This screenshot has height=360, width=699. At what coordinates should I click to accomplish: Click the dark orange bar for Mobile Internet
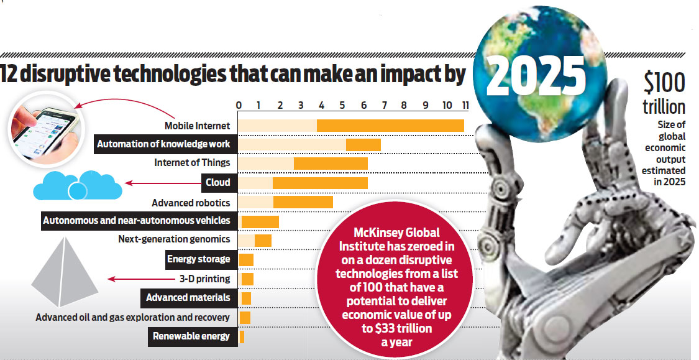(x=390, y=125)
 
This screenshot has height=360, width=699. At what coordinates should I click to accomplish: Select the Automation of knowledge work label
(x=163, y=144)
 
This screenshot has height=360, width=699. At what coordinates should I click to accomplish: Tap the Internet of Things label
(x=192, y=163)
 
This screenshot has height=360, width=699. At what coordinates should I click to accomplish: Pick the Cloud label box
(x=218, y=183)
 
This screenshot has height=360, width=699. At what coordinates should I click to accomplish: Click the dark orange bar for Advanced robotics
(x=303, y=202)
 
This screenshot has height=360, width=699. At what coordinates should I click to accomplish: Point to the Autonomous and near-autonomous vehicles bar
(x=260, y=221)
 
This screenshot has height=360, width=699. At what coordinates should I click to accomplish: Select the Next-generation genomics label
(x=174, y=239)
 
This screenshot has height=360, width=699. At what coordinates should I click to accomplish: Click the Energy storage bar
(x=246, y=259)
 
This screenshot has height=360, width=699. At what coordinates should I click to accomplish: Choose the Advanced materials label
(x=188, y=298)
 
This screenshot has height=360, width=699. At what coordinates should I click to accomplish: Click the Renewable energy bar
(x=242, y=336)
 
